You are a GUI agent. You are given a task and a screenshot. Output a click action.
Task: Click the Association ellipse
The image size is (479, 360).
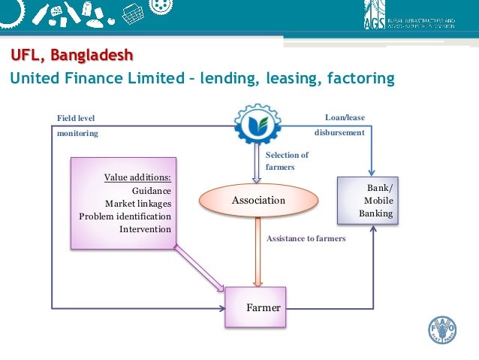click(258, 201)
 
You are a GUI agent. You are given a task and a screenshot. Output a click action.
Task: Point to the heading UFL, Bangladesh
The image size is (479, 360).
click(71, 56)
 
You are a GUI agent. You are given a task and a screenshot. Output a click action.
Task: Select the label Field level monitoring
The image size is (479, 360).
click(77, 125)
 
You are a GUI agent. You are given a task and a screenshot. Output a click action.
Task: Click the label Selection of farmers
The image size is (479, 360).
click(287, 161)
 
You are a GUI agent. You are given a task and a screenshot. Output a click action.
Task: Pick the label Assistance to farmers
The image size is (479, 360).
click(306, 238)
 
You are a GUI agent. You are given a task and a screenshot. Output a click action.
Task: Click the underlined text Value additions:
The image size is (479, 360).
click(137, 178)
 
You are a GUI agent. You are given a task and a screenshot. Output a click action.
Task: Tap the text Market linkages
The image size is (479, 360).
click(138, 204)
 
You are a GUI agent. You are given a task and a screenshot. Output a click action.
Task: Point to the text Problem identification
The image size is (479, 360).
click(125, 216)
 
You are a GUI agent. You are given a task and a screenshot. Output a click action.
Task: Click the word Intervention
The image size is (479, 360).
click(145, 229)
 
